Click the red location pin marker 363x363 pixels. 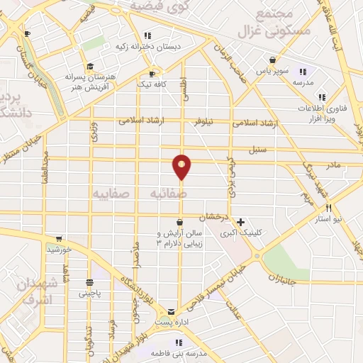(x=182, y=167)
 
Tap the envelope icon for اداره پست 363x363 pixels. (x=171, y=311)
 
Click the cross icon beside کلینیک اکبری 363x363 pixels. (x=241, y=222)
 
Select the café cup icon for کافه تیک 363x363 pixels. (x=152, y=73)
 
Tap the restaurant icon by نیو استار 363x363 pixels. (x=328, y=208)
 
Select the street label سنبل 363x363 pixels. (x=256, y=151)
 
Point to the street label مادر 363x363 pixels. (x=333, y=164)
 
